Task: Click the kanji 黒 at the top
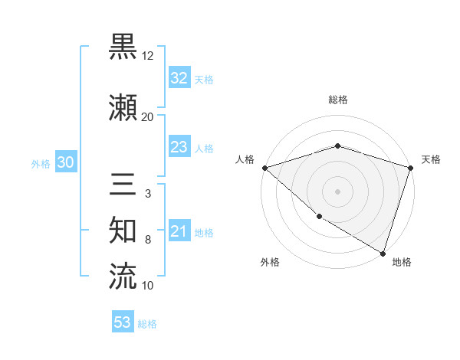123,47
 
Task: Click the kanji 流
123,276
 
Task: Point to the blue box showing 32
179,78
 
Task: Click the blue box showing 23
179,148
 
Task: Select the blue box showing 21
179,232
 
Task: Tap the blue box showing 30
65,162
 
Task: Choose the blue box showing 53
123,322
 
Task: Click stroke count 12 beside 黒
148,56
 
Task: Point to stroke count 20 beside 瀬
147,117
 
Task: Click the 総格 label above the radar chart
337,100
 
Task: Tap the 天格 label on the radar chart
432,159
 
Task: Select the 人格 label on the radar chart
245,159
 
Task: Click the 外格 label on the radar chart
270,263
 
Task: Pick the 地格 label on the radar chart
402,263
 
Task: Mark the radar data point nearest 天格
411,168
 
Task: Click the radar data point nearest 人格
264,168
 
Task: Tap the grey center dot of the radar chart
337,191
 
